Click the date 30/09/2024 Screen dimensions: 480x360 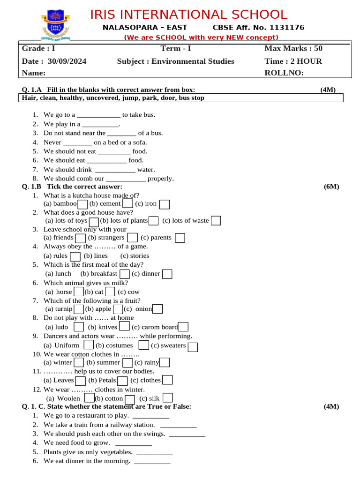coord(67,61)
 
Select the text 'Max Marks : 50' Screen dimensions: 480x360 coord(293,48)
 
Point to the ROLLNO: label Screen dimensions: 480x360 coord(284,73)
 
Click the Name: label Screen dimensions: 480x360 coord(34,73)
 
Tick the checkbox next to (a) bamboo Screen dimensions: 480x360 coord(82,204)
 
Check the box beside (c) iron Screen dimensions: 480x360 coord(165,204)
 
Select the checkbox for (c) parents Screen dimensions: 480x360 coord(180,238)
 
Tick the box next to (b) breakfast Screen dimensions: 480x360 coord(125,274)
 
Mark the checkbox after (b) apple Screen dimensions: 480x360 coord(118,309)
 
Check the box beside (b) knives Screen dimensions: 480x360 coord(124,326)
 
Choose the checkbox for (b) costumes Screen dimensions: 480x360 coord(144,345)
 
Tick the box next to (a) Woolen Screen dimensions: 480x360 coord(89,398)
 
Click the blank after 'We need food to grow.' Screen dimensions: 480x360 coord(134,443)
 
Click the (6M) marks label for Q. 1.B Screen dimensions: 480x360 coord(331,187)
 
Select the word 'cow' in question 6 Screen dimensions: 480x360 coord(134,292)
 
